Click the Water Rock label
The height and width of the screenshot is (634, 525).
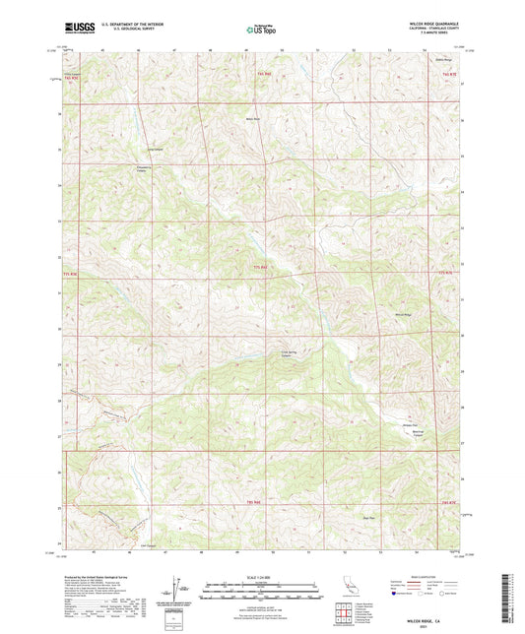click(252, 118)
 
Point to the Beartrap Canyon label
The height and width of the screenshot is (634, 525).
click(420, 431)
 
